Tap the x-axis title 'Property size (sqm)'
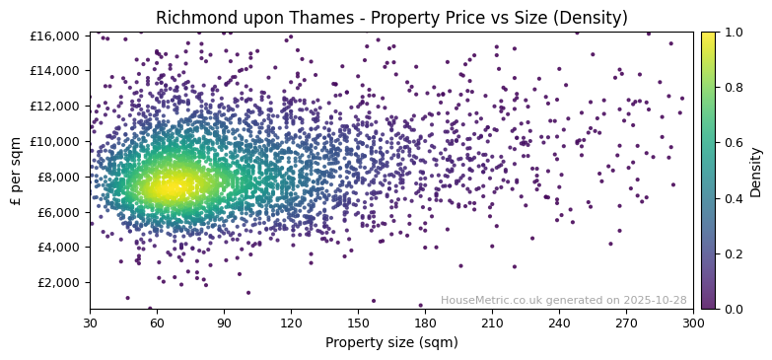391,343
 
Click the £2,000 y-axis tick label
60,282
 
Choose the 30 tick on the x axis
90,322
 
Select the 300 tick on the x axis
693,322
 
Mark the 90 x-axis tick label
224,322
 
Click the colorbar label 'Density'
756,171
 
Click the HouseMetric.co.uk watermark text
563,300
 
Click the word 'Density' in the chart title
594,18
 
